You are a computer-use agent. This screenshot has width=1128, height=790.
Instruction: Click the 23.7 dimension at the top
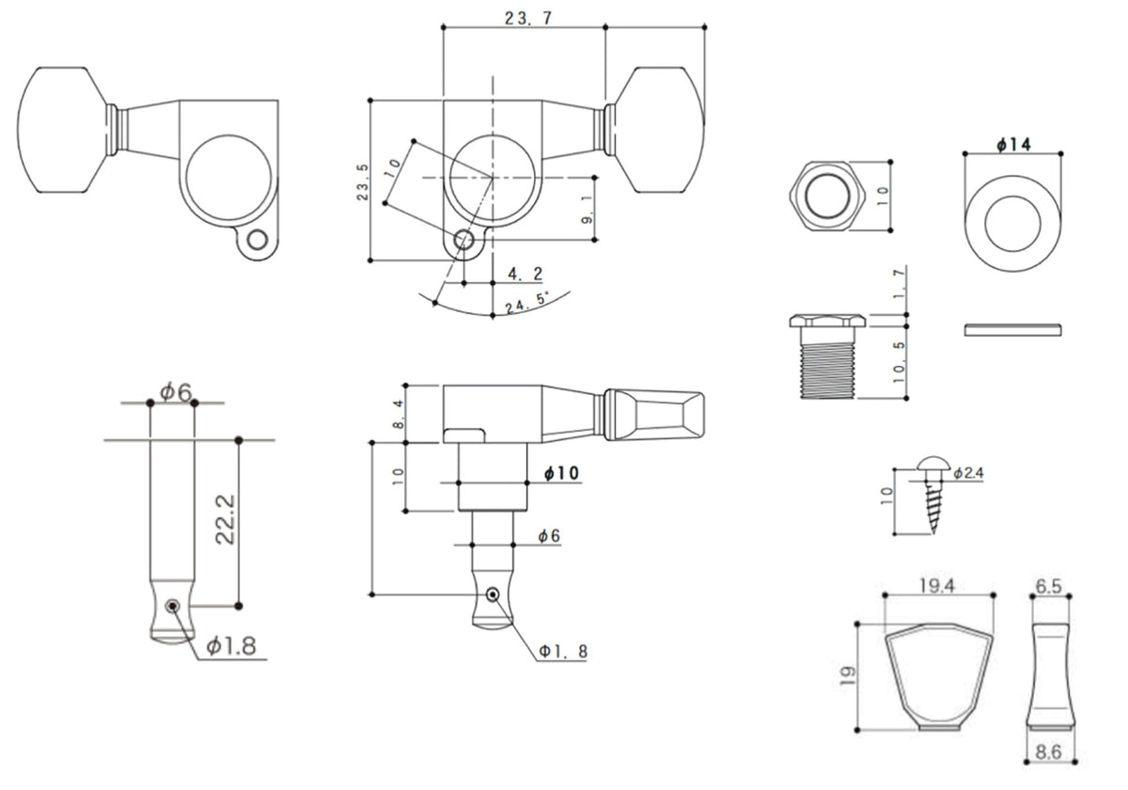point(524,18)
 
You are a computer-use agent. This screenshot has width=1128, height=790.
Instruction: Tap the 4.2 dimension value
point(525,274)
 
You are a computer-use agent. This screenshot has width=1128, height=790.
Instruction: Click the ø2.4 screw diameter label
point(968,473)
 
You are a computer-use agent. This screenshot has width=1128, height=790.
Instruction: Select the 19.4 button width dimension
point(937,586)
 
